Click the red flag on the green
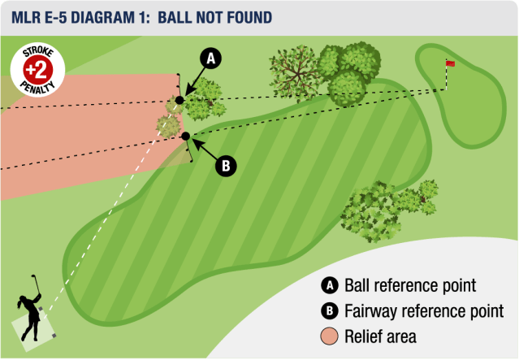450,63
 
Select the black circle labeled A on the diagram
210,59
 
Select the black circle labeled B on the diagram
226,166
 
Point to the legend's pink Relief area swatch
330,336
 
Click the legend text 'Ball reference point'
409,286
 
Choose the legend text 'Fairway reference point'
424,310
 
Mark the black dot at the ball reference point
179,100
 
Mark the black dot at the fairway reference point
186,136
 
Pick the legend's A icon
330,286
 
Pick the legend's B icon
330,310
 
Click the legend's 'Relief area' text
380,336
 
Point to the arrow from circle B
204,150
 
